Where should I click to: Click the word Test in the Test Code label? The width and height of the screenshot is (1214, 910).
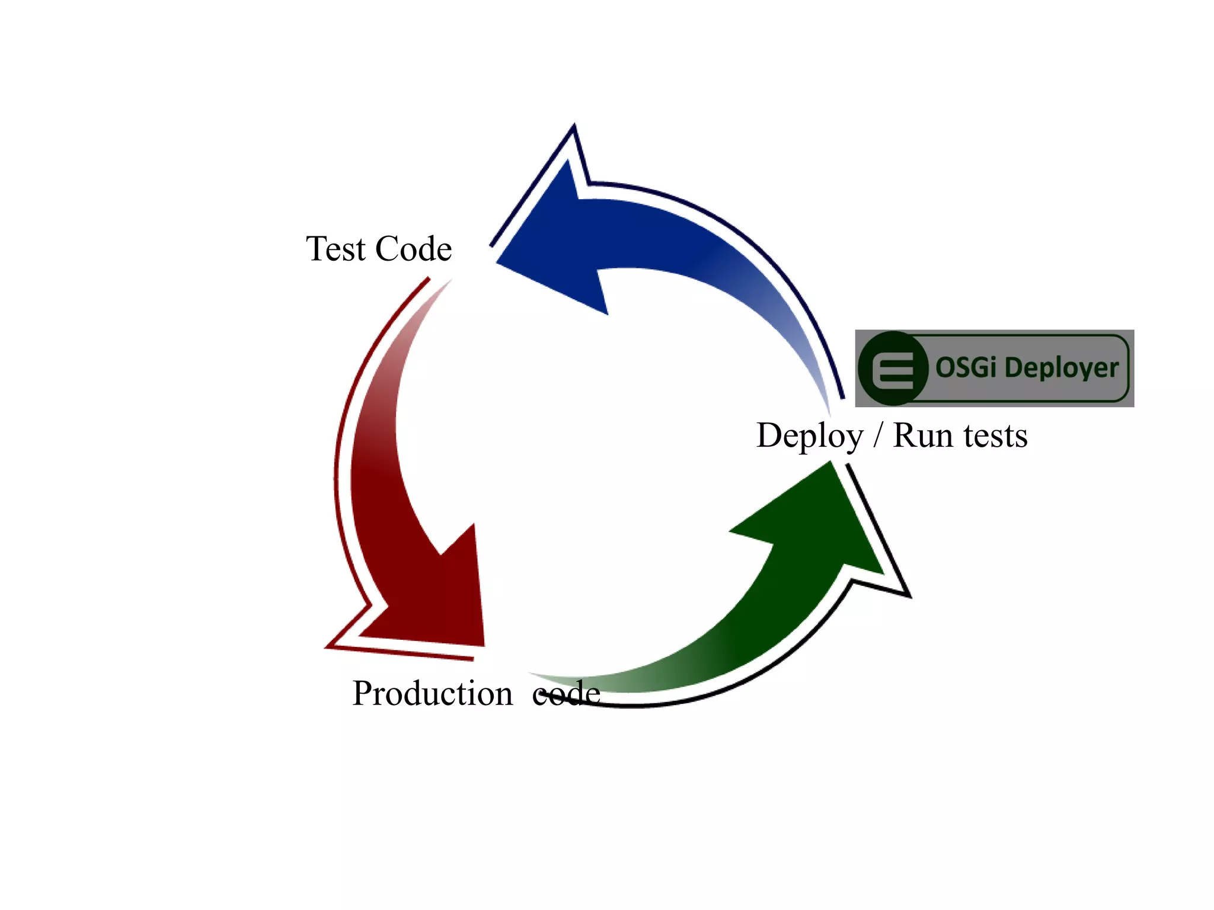[336, 249]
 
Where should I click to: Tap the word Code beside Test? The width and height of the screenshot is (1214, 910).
[413, 249]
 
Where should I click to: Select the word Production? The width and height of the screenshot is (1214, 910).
[432, 693]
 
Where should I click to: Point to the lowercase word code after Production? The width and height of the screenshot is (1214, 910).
[566, 693]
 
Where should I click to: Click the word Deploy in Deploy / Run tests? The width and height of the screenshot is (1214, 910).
[810, 437]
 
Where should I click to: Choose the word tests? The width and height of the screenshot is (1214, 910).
[995, 436]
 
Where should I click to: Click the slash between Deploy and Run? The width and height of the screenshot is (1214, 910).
[878, 437]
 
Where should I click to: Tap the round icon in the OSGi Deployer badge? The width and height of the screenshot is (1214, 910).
[893, 369]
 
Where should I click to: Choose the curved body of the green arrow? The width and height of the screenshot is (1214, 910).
[741, 640]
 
